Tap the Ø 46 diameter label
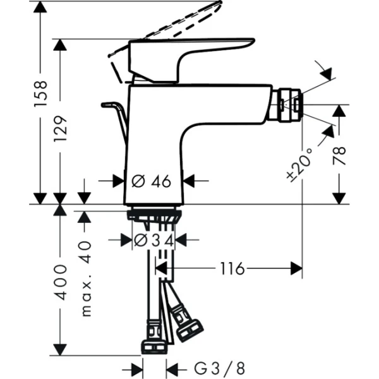click(152, 181)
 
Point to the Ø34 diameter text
click(154, 240)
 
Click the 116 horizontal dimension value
click(232, 269)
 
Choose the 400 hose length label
click(61, 282)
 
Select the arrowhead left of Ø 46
click(118, 181)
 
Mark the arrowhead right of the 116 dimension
click(296, 269)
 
